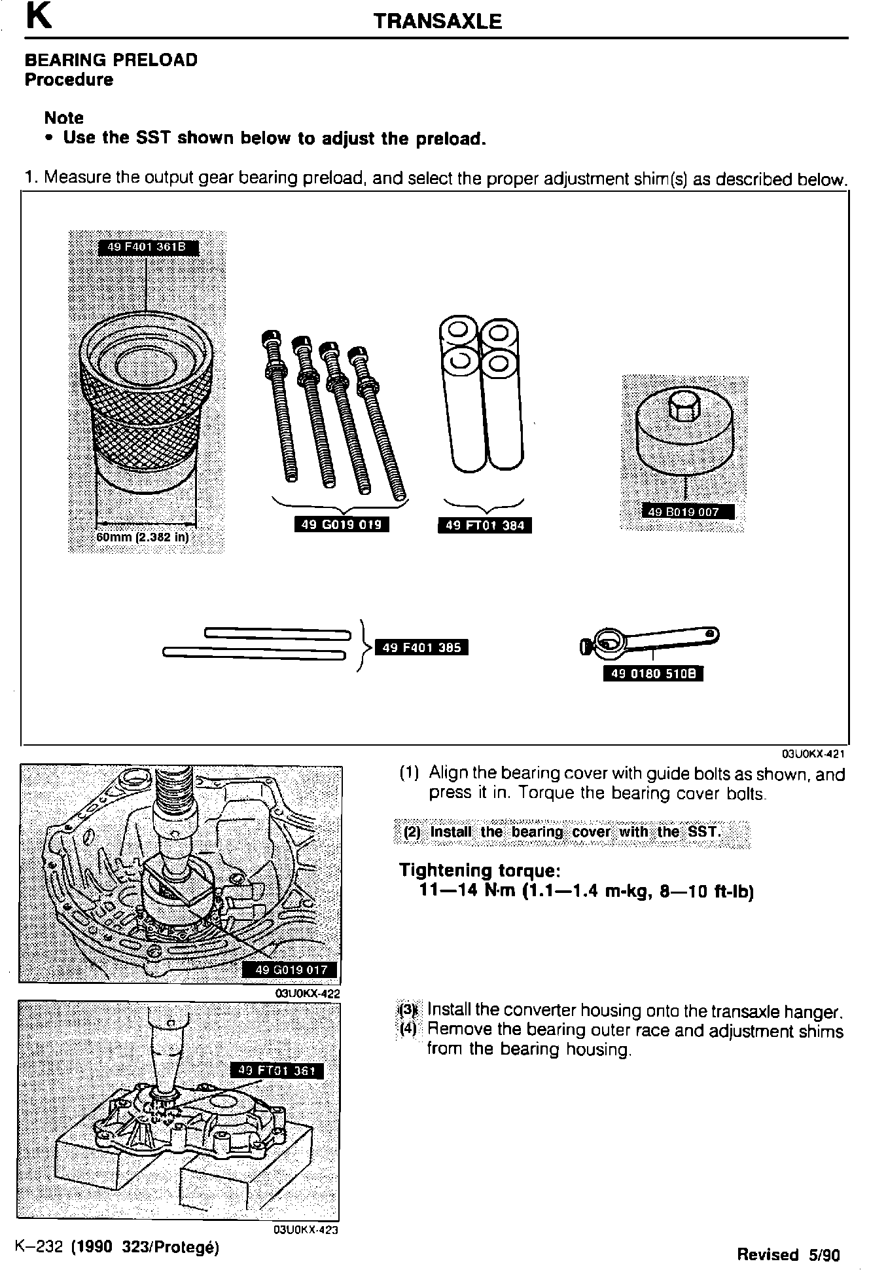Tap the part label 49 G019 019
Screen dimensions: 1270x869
click(x=341, y=524)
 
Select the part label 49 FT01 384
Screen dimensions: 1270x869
click(x=484, y=525)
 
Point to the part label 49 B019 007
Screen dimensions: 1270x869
click(x=683, y=512)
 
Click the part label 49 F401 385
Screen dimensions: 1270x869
click(x=421, y=648)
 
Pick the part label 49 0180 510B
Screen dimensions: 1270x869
click(x=652, y=674)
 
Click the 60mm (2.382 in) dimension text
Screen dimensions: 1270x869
click(x=142, y=537)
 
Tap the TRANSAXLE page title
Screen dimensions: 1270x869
click(x=437, y=22)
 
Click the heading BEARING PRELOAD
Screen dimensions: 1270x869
click(x=111, y=60)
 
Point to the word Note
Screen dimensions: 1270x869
click(x=63, y=118)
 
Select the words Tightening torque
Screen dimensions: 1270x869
click(x=480, y=871)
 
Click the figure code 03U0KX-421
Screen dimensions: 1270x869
click(x=813, y=753)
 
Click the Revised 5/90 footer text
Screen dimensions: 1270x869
click(x=788, y=1254)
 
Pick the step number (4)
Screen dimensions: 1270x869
click(x=408, y=1028)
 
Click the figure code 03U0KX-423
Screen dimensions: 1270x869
click(x=306, y=1229)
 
